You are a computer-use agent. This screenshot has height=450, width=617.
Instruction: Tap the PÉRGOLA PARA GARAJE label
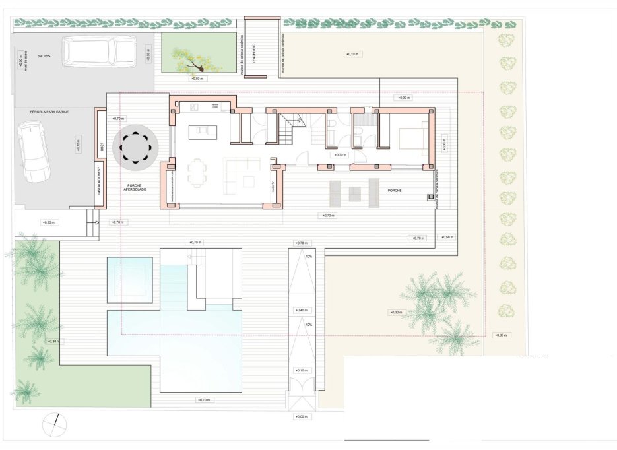[x=49, y=112]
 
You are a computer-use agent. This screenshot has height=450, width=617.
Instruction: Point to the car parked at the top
[x=99, y=51]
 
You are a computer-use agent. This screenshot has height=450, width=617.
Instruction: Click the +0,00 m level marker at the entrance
[x=302, y=417]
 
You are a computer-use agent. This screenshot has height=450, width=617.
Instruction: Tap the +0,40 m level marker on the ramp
[x=302, y=310]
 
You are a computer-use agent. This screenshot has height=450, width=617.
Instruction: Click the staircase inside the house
[x=288, y=129]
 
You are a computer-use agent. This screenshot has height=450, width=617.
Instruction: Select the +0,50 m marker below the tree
[x=198, y=79]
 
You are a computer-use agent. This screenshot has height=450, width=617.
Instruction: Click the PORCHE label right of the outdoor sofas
[x=395, y=191]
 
